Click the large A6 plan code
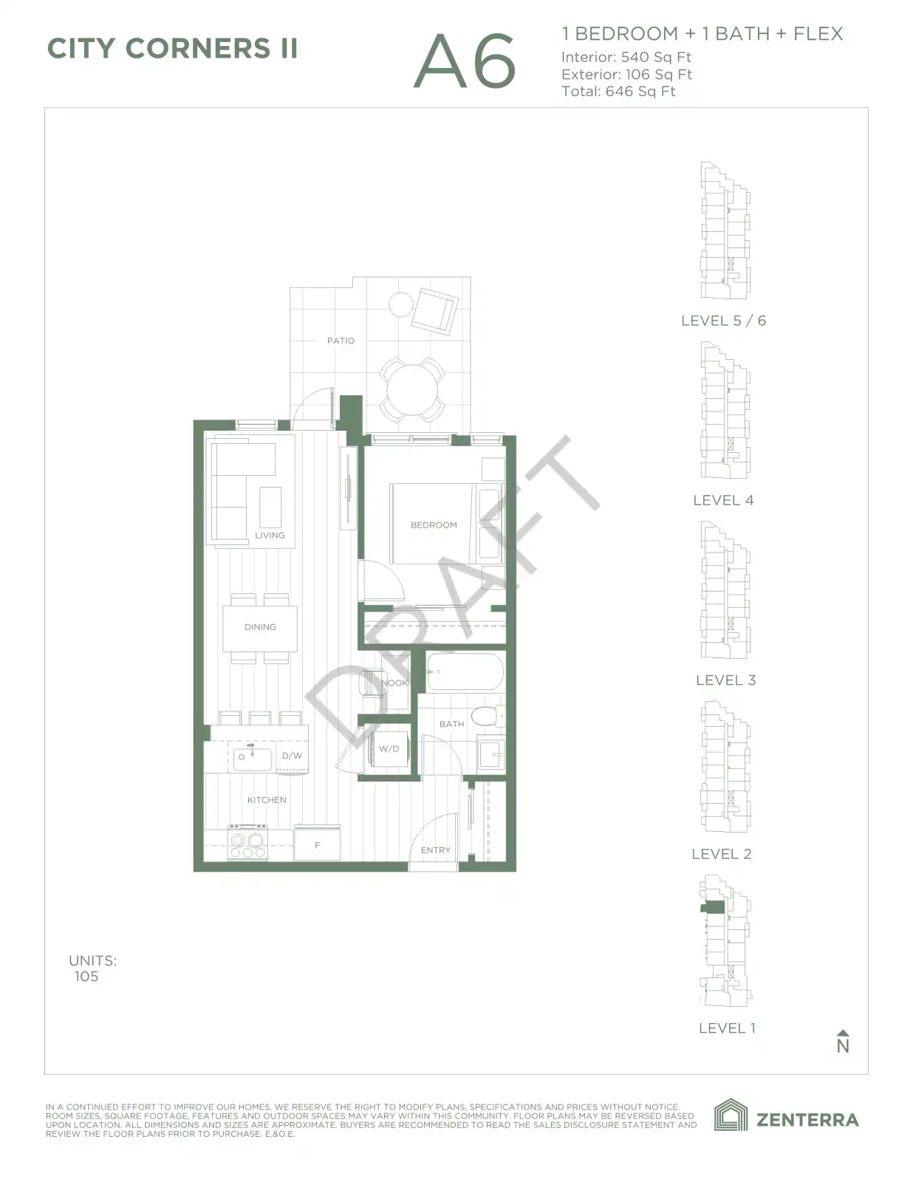465,61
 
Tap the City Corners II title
172,49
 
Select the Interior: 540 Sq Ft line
626,57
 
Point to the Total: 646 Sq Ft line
618,92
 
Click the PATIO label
341,341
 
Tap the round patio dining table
412,389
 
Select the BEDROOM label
434,525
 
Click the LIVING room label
270,536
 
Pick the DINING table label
260,627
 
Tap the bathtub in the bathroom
465,672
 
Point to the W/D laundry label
389,748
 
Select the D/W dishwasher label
292,756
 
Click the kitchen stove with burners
248,843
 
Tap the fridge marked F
317,844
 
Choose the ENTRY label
436,850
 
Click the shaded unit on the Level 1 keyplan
712,906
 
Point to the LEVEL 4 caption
723,500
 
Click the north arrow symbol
843,1041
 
